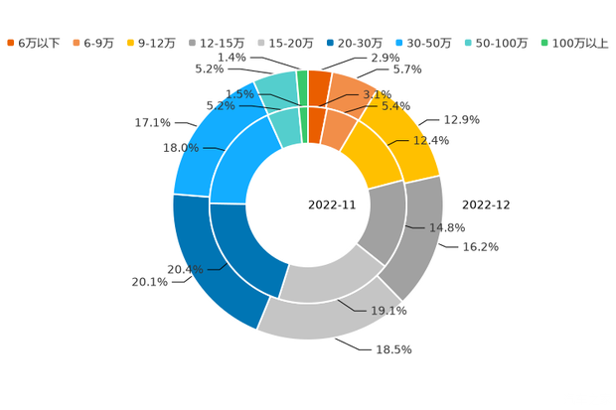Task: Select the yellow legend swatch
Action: click(130, 43)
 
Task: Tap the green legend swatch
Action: click(543, 43)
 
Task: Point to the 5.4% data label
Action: click(396, 104)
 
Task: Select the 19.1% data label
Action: click(389, 311)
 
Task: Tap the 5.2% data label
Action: click(220, 104)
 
